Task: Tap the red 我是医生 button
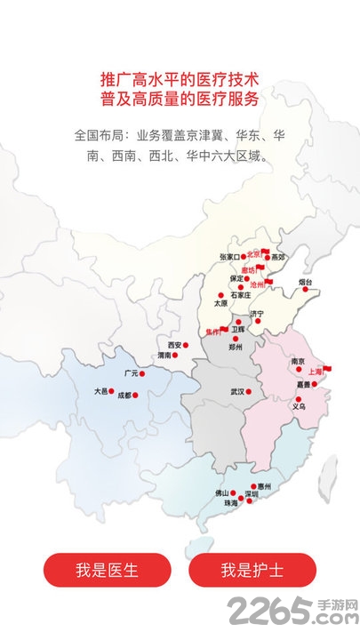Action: click(95, 570)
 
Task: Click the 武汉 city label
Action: click(236, 391)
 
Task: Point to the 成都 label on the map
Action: click(124, 395)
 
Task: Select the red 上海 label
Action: click(316, 372)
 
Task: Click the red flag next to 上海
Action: click(327, 367)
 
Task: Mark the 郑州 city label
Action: click(236, 348)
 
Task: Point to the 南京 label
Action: click(298, 361)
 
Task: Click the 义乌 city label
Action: click(299, 406)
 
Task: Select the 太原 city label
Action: click(221, 303)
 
